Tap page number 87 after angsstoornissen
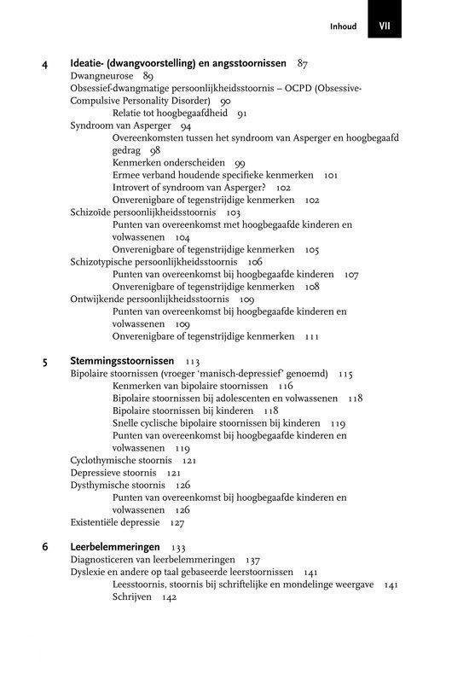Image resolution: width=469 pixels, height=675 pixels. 303,63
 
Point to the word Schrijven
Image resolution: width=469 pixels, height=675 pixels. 131,597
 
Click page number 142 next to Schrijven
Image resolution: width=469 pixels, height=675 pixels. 168,597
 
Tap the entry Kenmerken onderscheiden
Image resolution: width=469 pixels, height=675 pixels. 168,162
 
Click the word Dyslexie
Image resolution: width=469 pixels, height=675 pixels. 87,572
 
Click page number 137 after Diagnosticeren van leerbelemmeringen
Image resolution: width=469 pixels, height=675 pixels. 252,560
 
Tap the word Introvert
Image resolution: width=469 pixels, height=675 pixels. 133,187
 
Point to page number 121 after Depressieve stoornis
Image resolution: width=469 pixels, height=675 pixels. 173,473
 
